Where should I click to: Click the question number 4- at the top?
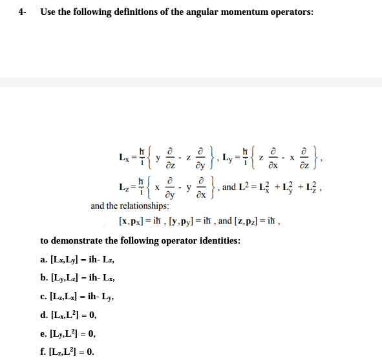click(22, 12)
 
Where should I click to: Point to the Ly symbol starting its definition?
click(229, 156)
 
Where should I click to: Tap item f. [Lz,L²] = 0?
click(68, 352)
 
